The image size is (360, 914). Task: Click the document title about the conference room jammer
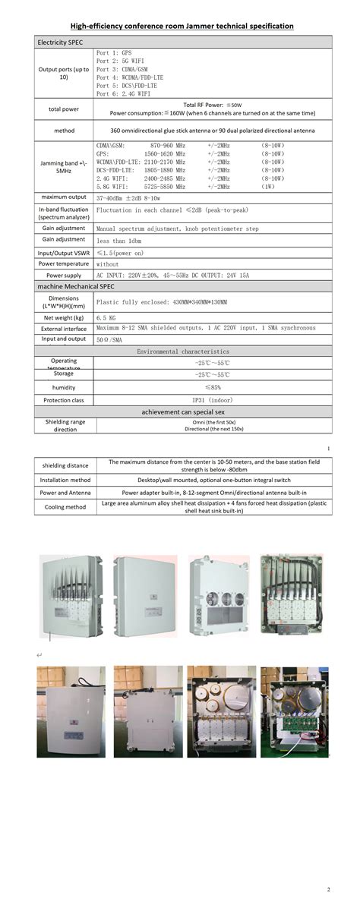182,26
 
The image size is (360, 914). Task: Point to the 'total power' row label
64,109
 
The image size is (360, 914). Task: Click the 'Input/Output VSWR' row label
64,253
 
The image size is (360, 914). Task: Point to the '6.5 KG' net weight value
106,317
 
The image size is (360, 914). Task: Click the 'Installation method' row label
65,480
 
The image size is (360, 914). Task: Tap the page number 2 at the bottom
329,889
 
